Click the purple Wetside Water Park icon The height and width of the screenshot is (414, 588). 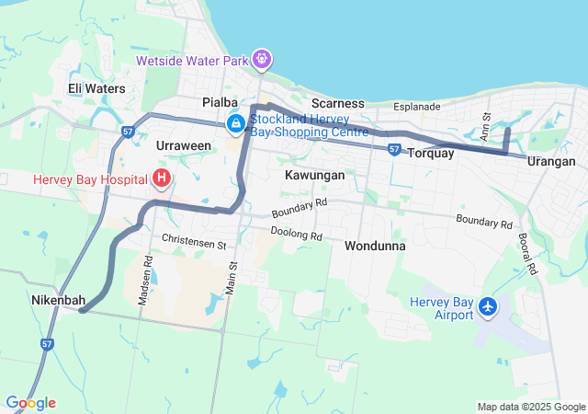262,59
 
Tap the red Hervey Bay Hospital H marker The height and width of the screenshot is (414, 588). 163,178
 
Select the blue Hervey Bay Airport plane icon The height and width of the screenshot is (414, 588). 488,306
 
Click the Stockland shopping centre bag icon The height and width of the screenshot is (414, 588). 236,122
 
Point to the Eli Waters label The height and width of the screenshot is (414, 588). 96,88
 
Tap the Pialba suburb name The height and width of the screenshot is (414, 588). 220,102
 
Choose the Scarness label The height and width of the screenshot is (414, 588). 337,103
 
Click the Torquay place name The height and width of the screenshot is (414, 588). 430,153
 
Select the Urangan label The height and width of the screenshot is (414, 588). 551,162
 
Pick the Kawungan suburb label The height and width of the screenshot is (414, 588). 314,174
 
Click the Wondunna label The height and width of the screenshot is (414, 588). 376,247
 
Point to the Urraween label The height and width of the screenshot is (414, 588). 184,145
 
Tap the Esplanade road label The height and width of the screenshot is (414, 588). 417,107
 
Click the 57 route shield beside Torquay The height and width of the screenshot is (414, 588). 393,148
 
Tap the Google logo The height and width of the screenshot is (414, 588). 30,403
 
